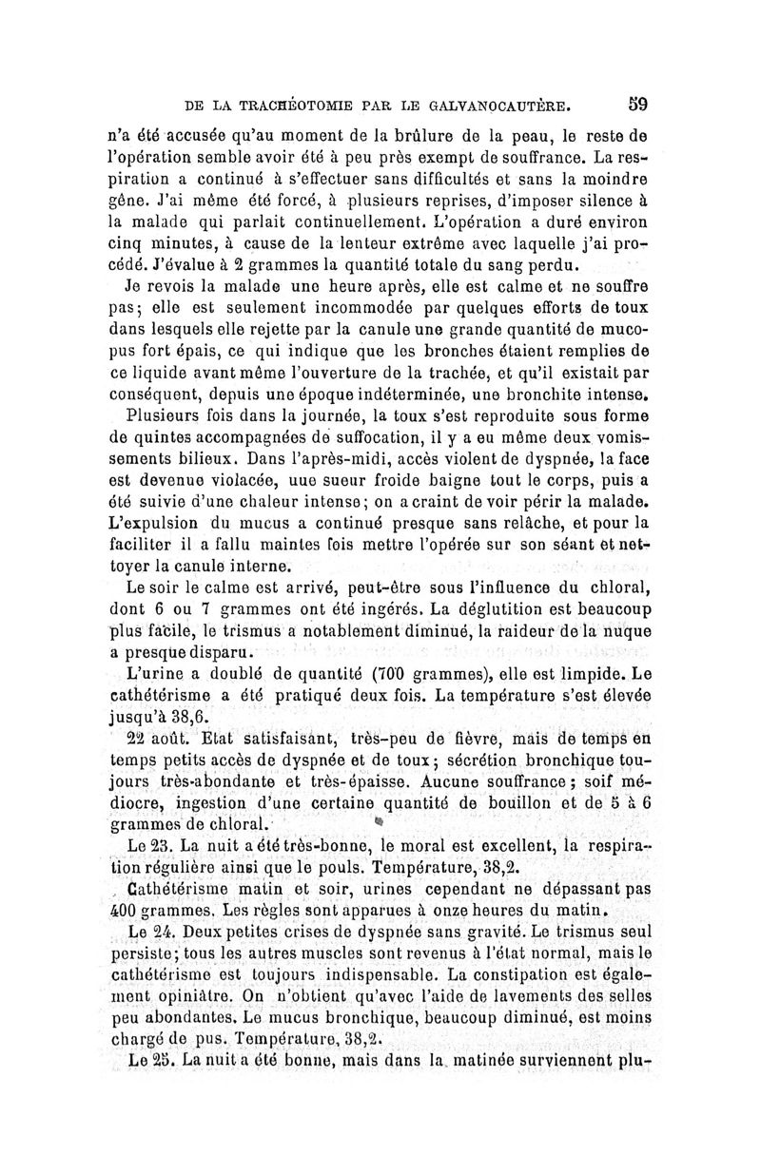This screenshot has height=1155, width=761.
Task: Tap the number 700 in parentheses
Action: coord(338,676)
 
